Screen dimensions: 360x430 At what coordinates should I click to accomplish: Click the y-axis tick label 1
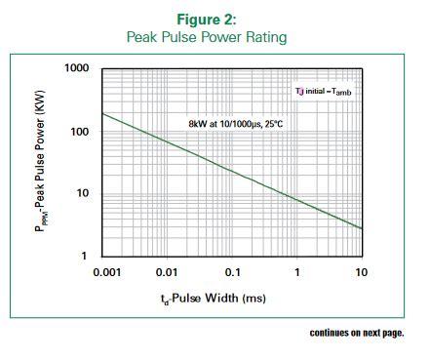click(x=85, y=256)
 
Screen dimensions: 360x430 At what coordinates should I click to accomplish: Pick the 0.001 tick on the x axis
click(x=105, y=272)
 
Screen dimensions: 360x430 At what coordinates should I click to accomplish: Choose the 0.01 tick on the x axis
click(x=168, y=272)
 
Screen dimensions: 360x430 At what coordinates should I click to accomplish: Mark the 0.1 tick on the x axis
click(x=233, y=272)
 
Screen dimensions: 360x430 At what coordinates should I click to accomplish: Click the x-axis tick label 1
click(x=296, y=272)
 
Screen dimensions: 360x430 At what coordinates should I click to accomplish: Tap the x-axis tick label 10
click(x=362, y=272)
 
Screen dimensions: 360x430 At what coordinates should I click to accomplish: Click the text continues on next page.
click(x=356, y=333)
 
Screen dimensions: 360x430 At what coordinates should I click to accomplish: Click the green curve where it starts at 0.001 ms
click(x=103, y=113)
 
